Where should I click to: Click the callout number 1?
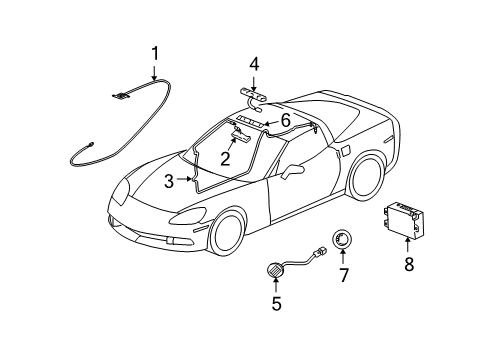155,53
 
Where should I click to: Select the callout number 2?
226,157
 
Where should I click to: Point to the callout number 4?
254,65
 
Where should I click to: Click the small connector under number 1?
123,96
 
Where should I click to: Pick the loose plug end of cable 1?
79,151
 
